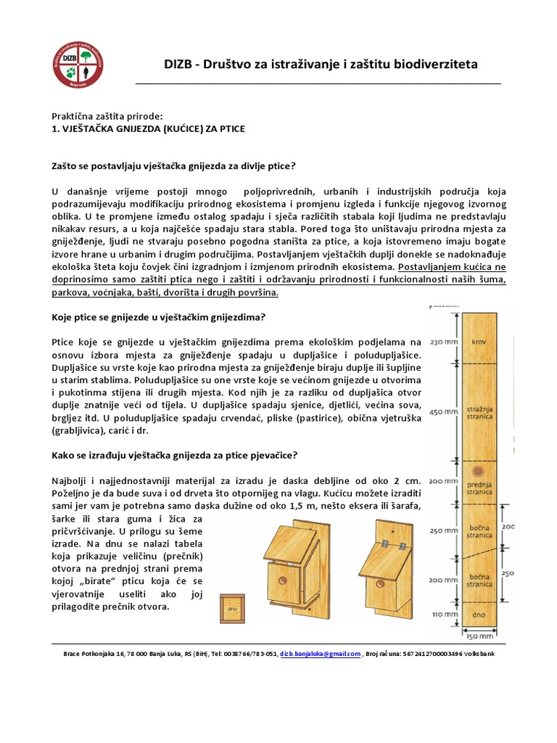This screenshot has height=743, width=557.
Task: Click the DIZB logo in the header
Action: [x=79, y=65]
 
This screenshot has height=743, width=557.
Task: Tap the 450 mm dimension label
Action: [x=443, y=411]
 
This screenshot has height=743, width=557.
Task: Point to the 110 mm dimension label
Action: [x=443, y=614]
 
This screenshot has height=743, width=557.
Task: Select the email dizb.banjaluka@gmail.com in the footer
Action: [x=321, y=653]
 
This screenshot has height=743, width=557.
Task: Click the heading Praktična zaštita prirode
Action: [x=107, y=116]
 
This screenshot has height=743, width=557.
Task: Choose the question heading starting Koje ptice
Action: [x=157, y=317]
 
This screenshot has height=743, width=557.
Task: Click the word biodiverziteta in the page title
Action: [x=434, y=65]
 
